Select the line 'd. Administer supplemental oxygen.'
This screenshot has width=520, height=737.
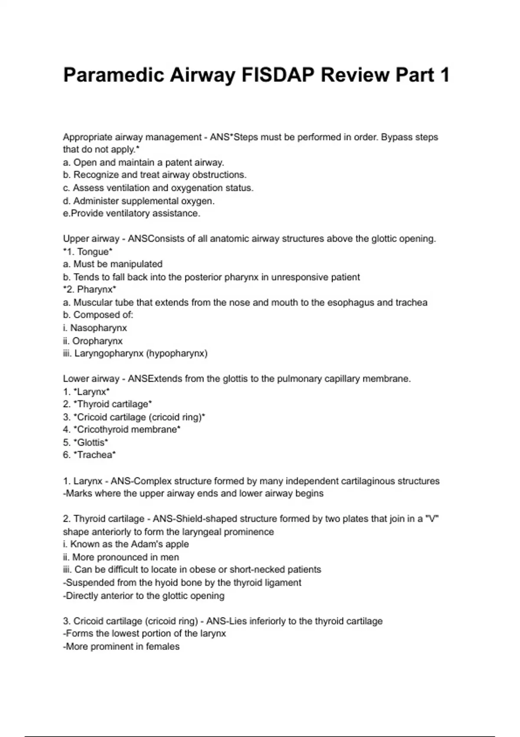pos(139,201)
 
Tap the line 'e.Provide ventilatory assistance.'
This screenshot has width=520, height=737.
pos(132,213)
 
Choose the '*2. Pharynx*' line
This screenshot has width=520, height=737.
pos(89,289)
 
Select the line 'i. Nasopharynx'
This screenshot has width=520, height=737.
pos(95,328)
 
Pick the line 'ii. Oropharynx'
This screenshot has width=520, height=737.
pos(93,341)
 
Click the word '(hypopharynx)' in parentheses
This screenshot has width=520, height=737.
pos(177,353)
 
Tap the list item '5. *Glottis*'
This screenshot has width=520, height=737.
pos(85,442)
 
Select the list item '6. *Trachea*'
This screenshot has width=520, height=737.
pos(89,455)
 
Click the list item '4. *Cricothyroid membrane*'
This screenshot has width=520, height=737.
pos(122,430)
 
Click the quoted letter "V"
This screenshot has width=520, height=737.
pos(432,519)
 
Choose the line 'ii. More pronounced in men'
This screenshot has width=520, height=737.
pos(121,557)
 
